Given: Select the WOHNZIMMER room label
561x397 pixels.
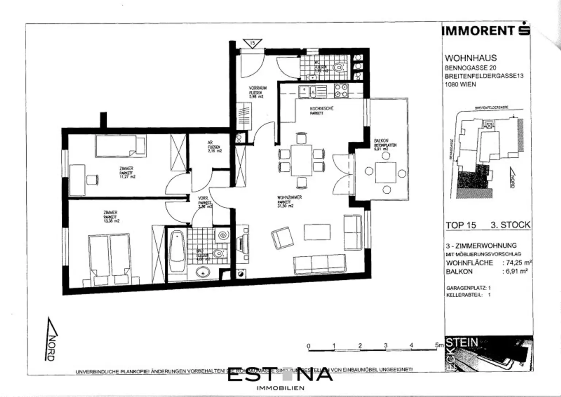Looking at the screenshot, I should pos(290,198).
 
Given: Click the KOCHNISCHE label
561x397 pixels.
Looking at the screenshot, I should pos(321,108).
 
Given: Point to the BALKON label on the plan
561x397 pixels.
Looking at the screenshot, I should pos(381,141).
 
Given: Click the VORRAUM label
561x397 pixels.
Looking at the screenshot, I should pos(258,88).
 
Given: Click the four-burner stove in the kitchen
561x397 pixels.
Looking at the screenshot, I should pos(341,90).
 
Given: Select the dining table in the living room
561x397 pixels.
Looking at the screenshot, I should pos(301,160).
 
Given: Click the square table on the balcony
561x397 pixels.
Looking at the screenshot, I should pos(386,172).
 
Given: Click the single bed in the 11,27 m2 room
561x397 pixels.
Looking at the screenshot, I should pos(121,146).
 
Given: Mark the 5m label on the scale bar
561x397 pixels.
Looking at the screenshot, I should pos(439,344).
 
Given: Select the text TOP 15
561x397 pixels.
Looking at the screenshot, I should pos(461,225).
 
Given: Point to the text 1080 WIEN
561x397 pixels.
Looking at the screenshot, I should pos(460,84).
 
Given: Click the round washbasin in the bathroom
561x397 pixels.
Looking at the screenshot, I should pos(203,272).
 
